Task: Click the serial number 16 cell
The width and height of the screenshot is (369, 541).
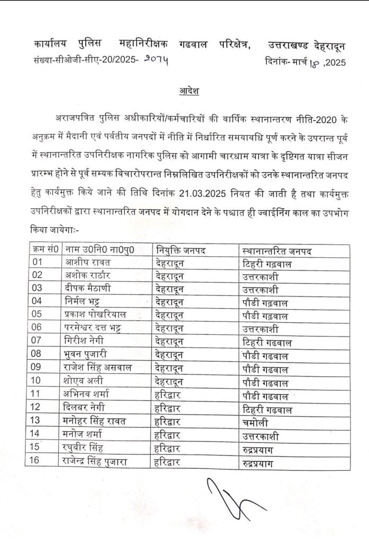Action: click(34, 461)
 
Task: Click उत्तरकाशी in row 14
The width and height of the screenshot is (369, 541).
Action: click(262, 434)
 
